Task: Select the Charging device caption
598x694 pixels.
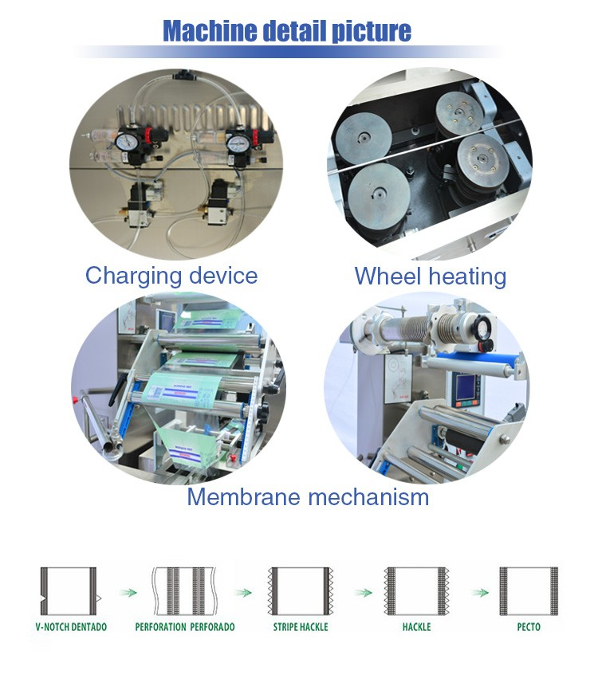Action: coord(171,276)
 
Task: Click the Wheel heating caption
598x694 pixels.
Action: coord(431,276)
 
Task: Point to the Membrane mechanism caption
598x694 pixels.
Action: coord(308,497)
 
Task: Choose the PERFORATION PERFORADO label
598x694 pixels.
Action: coord(185,627)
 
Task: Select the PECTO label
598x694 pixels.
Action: coord(528,627)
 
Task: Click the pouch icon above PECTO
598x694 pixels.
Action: coord(527,590)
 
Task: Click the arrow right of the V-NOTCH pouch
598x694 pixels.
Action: coord(124,593)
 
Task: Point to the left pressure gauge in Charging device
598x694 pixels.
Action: coord(124,141)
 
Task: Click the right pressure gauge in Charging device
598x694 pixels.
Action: coord(236,143)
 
